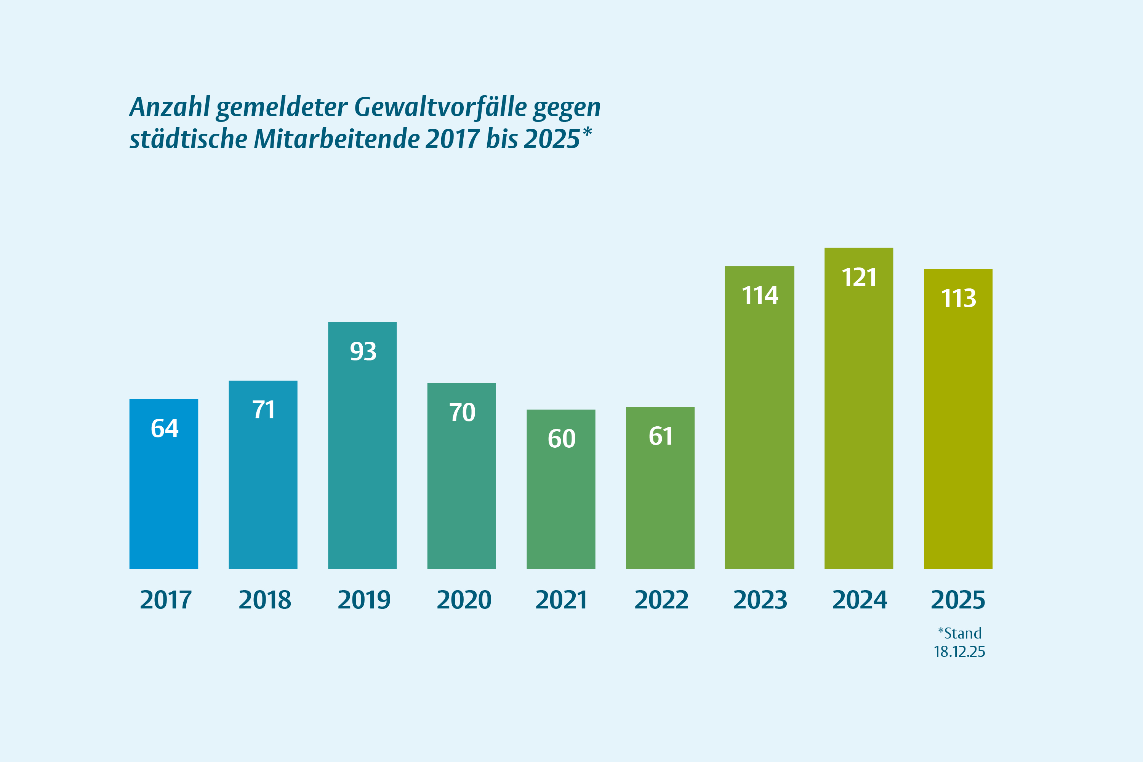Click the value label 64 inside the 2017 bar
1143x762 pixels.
(x=164, y=429)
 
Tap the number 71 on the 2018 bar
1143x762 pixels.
(x=263, y=410)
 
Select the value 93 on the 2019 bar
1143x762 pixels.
(x=363, y=351)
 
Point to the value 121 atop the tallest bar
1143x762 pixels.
(x=859, y=277)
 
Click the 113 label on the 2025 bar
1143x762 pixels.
(x=958, y=298)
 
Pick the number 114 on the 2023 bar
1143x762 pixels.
(x=760, y=296)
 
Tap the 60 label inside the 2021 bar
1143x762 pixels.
(x=561, y=439)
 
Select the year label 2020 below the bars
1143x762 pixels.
(x=464, y=600)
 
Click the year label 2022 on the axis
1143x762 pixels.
(x=661, y=600)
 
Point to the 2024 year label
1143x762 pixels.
(x=859, y=600)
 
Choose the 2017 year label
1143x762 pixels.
(x=166, y=600)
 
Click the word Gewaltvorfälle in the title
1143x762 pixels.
(x=440, y=107)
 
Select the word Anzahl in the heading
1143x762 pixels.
(x=170, y=107)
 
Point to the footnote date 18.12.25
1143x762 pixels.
(x=959, y=652)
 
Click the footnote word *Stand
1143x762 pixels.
(x=959, y=633)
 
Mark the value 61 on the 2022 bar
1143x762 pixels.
(x=660, y=436)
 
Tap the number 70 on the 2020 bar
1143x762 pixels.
(x=462, y=413)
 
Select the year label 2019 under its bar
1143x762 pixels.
(x=364, y=600)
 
